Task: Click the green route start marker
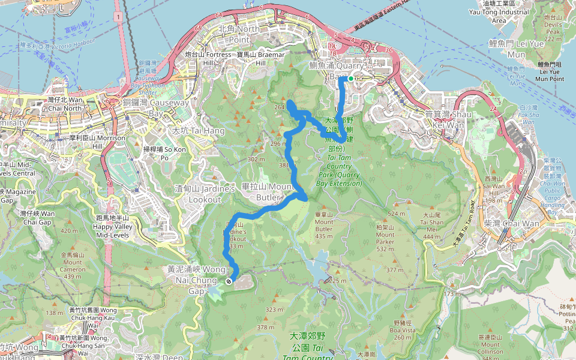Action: tap(350, 78)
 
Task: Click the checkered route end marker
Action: tap(229, 281)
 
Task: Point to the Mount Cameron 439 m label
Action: tap(71, 265)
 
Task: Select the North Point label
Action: tap(239, 34)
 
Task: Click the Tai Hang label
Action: tap(198, 130)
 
